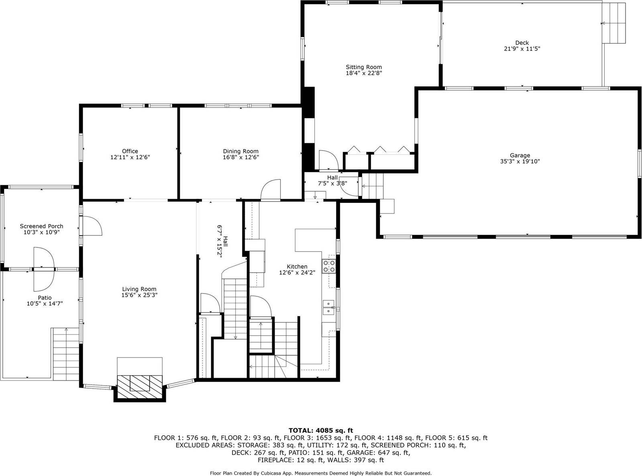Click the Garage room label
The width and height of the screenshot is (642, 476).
(x=520, y=155)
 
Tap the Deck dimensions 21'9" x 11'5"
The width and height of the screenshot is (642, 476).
(x=522, y=49)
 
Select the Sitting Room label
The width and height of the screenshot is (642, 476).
(x=364, y=67)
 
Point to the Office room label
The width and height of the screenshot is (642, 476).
(x=130, y=151)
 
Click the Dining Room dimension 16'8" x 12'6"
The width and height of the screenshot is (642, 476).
(x=240, y=157)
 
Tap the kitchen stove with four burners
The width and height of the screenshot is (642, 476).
(x=328, y=266)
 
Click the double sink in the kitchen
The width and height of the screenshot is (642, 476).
(x=328, y=307)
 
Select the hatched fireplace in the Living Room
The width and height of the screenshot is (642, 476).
(x=139, y=387)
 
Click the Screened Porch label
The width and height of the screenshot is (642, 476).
(x=41, y=226)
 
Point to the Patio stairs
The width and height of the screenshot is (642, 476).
(x=66, y=354)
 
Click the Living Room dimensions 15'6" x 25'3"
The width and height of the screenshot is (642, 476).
(x=139, y=295)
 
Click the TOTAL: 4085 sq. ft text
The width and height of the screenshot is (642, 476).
(x=321, y=431)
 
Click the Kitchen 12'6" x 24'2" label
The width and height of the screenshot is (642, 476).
(x=297, y=269)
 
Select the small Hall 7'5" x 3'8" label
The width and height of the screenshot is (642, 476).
(x=332, y=180)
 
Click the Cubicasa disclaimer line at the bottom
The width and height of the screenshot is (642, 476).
(x=321, y=473)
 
